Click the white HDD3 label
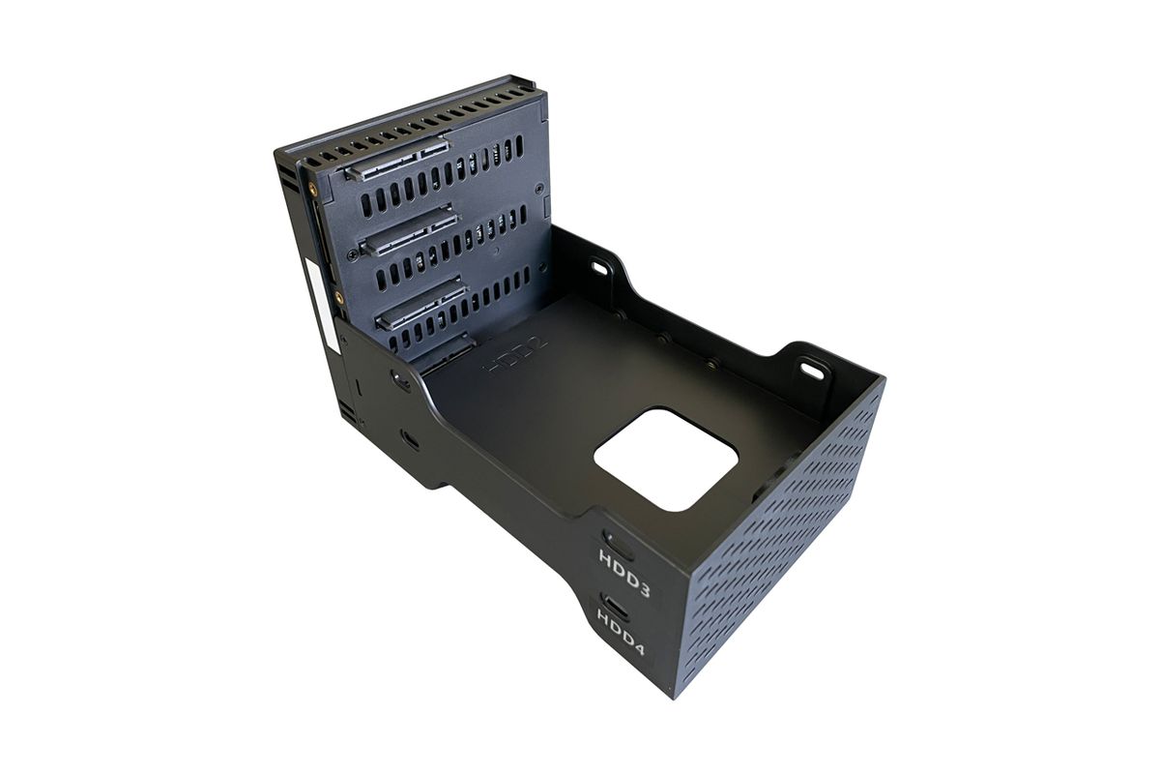624,573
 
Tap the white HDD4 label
621,632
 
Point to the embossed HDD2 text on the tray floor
515,355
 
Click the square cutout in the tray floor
666,460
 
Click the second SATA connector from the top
410,230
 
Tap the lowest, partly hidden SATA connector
447,351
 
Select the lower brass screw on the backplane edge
339,298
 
